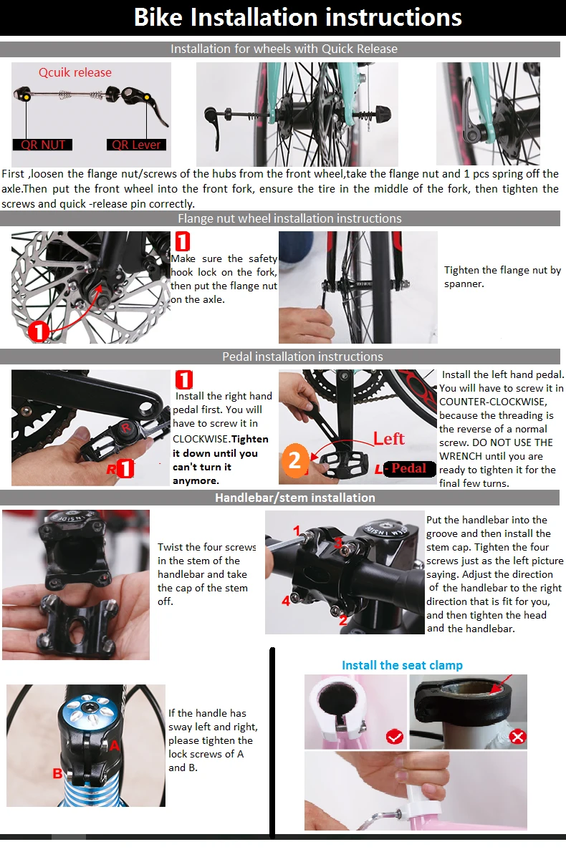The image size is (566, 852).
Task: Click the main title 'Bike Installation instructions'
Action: (298, 17)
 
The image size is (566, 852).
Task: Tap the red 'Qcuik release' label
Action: (75, 72)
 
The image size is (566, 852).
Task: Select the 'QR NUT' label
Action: (43, 145)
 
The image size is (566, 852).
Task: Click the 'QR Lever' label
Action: (136, 145)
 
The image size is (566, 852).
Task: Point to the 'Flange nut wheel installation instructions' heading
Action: (289, 218)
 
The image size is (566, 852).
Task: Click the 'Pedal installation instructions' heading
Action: (302, 357)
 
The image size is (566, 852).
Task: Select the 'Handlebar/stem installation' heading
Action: (294, 498)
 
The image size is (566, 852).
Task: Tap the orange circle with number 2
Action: (294, 460)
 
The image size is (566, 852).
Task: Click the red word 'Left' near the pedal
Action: (388, 438)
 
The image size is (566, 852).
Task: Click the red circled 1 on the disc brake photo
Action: (38, 331)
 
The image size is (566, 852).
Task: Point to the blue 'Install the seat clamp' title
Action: (402, 665)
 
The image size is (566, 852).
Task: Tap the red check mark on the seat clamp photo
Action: (393, 736)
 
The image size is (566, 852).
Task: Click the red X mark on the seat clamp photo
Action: (517, 737)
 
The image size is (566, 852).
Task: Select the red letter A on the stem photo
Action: (113, 745)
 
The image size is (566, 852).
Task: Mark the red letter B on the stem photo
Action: (57, 773)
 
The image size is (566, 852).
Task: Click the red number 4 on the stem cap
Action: (286, 601)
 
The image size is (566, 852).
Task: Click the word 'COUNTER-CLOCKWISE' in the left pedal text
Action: (486, 402)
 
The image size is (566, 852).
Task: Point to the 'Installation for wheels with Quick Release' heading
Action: (284, 49)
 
